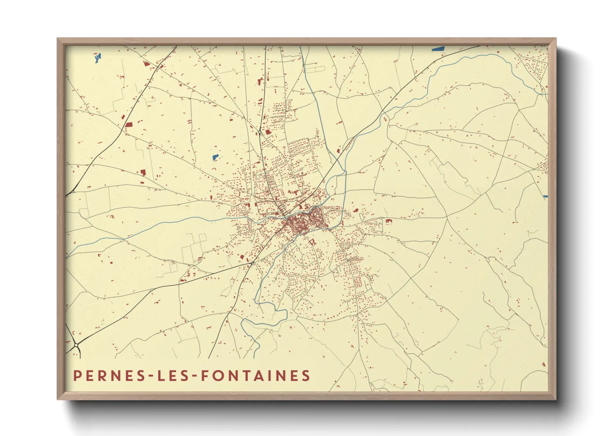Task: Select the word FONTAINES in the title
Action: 256,376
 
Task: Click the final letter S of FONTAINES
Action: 305,376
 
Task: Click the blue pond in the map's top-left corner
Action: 98,58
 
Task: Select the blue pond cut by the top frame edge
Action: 439,49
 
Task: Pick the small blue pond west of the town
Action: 215,157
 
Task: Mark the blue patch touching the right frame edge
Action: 545,197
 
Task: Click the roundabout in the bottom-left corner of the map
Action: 76,345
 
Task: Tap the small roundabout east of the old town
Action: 381,218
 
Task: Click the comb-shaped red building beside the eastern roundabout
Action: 388,222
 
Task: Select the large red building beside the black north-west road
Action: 129,124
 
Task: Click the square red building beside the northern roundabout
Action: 268,132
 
